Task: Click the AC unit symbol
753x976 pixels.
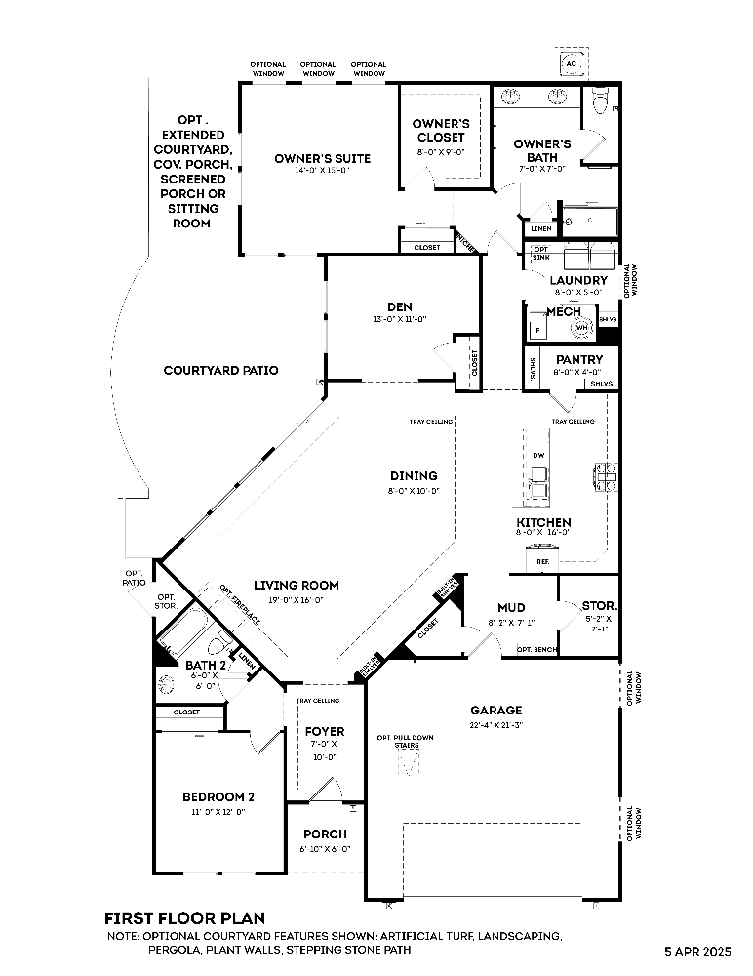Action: [x=572, y=63]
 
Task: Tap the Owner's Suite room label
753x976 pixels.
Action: [x=308, y=158]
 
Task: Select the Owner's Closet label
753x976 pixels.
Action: [x=441, y=131]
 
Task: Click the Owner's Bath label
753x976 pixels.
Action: [x=542, y=151]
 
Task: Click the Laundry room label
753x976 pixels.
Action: [x=578, y=281]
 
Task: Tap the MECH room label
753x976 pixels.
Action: [x=563, y=312]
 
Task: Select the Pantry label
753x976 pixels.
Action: [x=578, y=359]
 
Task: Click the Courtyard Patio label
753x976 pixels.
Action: [x=220, y=371]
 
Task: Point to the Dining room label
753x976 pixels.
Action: [x=414, y=476]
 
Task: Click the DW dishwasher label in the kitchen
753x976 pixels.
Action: [x=538, y=456]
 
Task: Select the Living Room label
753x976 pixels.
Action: [x=296, y=586]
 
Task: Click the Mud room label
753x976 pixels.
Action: [x=511, y=607]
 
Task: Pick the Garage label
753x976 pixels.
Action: [x=495, y=711]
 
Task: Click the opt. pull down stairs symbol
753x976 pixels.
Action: [x=407, y=763]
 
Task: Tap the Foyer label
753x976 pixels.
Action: [x=325, y=731]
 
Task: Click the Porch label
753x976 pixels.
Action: [x=325, y=834]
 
